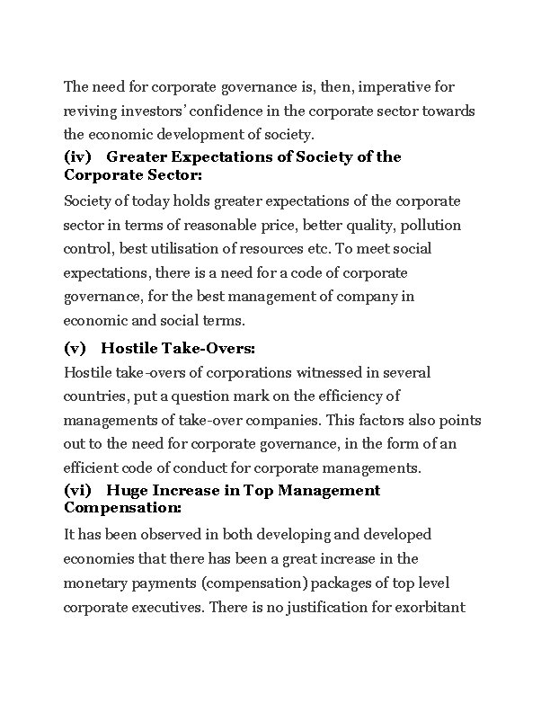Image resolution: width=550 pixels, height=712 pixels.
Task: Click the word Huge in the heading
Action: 126,490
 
